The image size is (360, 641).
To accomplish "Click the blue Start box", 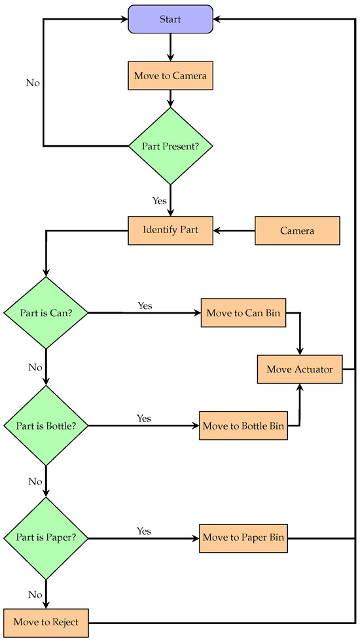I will [x=170, y=19].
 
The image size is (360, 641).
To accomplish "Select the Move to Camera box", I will [x=170, y=76].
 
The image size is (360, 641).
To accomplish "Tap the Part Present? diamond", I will [x=170, y=145].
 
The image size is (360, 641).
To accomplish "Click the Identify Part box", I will [x=170, y=230].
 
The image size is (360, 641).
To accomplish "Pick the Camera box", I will [x=297, y=230].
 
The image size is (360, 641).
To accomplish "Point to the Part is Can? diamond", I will [x=45, y=313].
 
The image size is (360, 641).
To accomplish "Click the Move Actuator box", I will [x=299, y=369].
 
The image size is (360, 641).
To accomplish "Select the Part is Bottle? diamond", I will [x=45, y=426].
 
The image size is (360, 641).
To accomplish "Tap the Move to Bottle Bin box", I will [x=243, y=426].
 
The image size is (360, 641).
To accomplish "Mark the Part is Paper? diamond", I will [x=45, y=538].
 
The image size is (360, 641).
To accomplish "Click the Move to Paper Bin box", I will [x=243, y=538].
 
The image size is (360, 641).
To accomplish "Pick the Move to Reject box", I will [x=45, y=622].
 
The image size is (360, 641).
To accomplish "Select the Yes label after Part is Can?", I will [x=145, y=305].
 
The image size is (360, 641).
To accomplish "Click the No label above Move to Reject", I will [x=35, y=595].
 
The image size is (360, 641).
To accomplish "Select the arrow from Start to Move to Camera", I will [x=170, y=47].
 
